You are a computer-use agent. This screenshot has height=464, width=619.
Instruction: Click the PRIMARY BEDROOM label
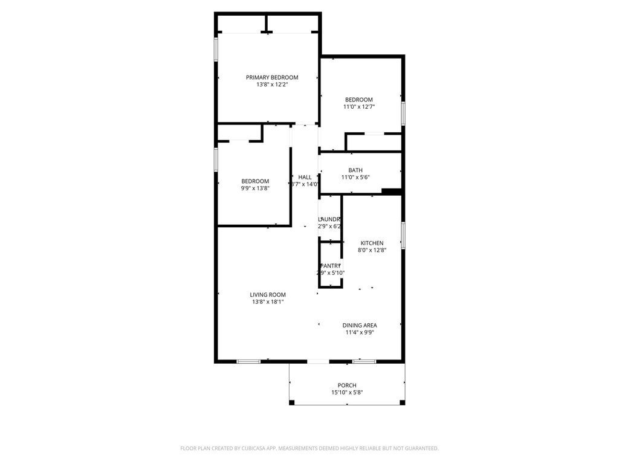pyautogui.click(x=271, y=77)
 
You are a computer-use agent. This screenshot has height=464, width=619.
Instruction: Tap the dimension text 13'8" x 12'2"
pyautogui.click(x=271, y=85)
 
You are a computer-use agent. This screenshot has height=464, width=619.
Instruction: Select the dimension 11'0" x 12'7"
pyautogui.click(x=359, y=107)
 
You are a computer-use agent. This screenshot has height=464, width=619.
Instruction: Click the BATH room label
pyautogui.click(x=355, y=170)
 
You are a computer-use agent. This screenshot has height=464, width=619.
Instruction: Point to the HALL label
pyautogui.click(x=305, y=177)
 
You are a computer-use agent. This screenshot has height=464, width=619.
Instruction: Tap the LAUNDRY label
pyautogui.click(x=329, y=219)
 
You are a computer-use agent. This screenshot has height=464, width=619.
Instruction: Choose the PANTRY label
pyautogui.click(x=330, y=266)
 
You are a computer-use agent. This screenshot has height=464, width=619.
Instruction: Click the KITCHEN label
pyautogui.click(x=372, y=243)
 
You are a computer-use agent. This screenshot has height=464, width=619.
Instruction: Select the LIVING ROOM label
pyautogui.click(x=268, y=295)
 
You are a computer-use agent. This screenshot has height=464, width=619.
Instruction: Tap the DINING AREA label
pyautogui.click(x=360, y=325)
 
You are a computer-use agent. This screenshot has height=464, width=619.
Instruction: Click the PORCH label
pyautogui.click(x=347, y=385)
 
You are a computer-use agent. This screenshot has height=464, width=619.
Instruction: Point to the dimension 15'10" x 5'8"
pyautogui.click(x=347, y=393)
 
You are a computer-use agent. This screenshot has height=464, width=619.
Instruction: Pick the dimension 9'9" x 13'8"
pyautogui.click(x=255, y=188)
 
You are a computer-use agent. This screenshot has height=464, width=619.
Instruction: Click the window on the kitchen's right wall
pyautogui.click(x=403, y=234)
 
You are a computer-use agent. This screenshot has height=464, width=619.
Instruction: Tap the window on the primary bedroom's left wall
pyautogui.click(x=216, y=50)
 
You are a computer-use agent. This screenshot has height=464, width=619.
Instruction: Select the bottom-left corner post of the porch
pyautogui.click(x=292, y=402)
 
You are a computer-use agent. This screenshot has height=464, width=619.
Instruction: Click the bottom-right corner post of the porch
pyautogui.click(x=403, y=402)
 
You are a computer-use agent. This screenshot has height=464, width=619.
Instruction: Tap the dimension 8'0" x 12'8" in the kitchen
pyautogui.click(x=372, y=250)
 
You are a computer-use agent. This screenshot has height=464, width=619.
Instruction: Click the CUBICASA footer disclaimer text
pyautogui.click(x=309, y=448)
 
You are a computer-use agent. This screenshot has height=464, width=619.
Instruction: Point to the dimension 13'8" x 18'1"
pyautogui.click(x=268, y=302)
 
